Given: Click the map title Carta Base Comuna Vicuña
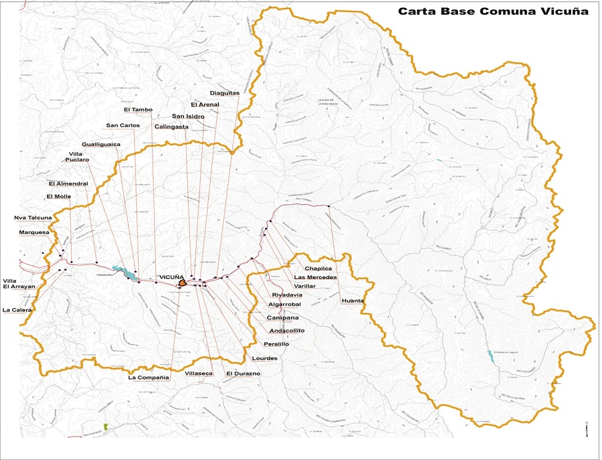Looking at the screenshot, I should click(x=493, y=11).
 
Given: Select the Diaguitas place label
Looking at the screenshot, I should click(x=224, y=93).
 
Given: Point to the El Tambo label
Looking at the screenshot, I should click(x=138, y=109).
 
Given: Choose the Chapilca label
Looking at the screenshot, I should click(x=318, y=269).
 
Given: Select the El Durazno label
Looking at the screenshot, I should click(x=243, y=373).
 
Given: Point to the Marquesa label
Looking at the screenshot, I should click(x=34, y=232).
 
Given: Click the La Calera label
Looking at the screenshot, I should click(x=17, y=310).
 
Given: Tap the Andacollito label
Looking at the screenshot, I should click(x=286, y=331).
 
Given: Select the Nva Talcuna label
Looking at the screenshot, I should click(x=33, y=218).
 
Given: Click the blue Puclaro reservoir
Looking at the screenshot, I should click(x=124, y=273).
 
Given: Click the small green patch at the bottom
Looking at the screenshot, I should click(x=106, y=426).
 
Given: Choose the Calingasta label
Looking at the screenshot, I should click(x=171, y=126).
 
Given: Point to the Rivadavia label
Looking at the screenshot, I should click(x=287, y=295).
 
